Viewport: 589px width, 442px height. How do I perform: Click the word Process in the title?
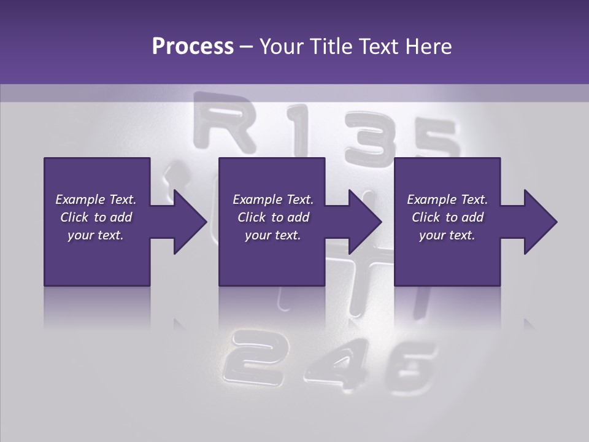[x=193, y=47]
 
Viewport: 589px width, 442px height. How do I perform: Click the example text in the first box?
[x=96, y=217]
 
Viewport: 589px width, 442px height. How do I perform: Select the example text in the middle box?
[x=273, y=217]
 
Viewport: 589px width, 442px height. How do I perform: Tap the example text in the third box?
[x=447, y=217]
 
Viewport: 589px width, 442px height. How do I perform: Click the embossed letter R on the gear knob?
[x=224, y=126]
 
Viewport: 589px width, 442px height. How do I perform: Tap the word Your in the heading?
[x=282, y=47]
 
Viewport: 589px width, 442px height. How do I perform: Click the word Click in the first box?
[x=74, y=217]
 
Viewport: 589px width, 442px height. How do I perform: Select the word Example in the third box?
[x=431, y=200]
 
